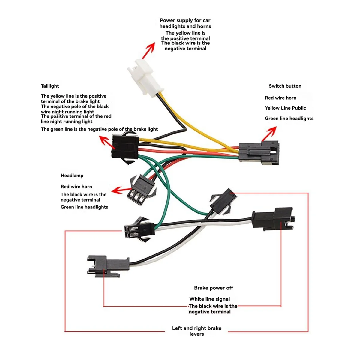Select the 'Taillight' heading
50,86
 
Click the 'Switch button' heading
285,86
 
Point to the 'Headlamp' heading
72,175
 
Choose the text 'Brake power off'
213,288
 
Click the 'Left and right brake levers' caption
196,331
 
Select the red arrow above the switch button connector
269,133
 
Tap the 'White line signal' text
209,299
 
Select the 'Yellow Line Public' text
285,108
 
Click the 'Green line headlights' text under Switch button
289,118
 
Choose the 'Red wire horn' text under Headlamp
76,187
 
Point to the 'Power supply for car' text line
185,20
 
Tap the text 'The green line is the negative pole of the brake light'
99,129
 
